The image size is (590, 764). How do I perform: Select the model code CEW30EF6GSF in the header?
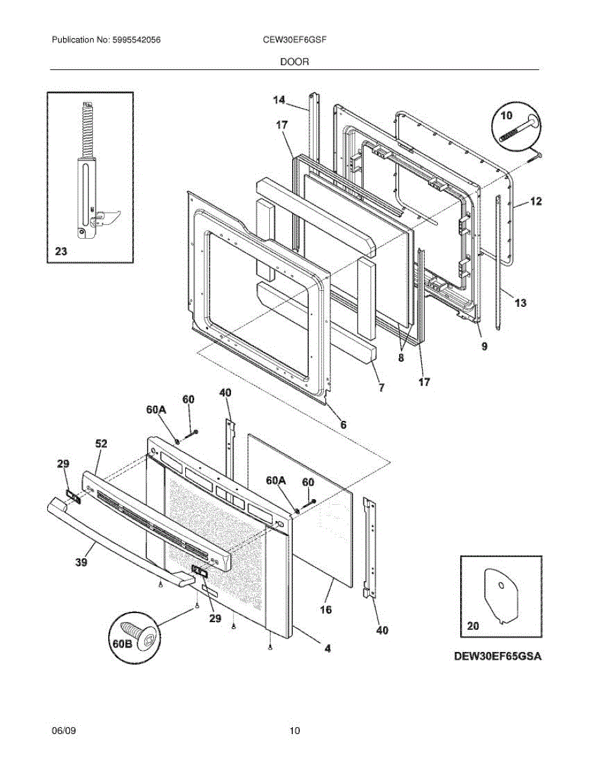295,39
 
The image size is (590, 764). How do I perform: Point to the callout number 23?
60,252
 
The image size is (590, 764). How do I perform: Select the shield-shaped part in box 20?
500,595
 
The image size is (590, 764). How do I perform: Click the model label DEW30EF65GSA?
498,656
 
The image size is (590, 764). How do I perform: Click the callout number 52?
101,444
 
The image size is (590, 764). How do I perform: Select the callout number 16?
326,609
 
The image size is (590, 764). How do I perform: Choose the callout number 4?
327,649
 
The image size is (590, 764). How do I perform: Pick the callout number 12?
536,202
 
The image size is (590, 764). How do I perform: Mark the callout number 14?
279,99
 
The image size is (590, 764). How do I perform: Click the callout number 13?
520,303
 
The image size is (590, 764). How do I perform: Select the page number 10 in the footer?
295,730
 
